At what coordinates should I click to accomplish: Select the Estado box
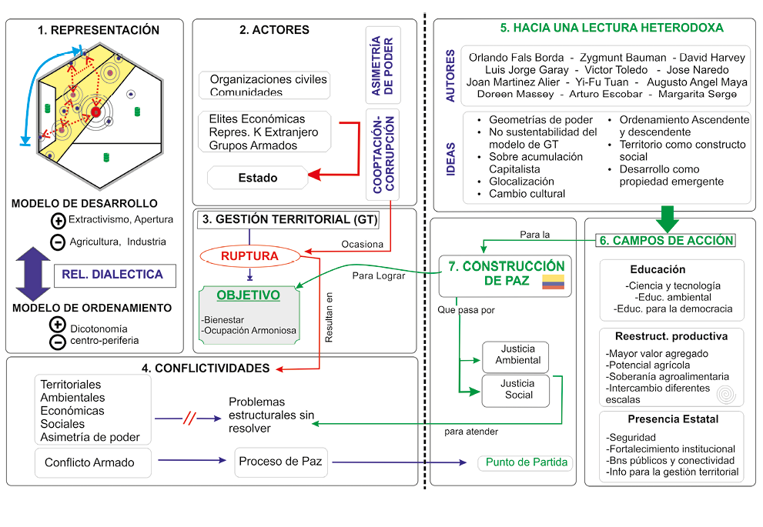[257, 178]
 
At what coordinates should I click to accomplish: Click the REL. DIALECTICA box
[113, 275]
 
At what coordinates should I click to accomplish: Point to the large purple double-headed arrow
[32, 275]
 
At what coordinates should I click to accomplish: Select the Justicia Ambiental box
[516, 355]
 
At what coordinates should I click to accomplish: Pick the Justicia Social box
[516, 389]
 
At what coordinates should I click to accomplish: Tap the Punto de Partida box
[526, 462]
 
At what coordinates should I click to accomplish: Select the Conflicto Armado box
[90, 462]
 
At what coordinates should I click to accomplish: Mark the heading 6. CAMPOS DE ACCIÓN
[666, 240]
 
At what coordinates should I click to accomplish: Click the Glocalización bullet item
[521, 182]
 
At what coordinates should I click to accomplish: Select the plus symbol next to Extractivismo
[57, 221]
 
